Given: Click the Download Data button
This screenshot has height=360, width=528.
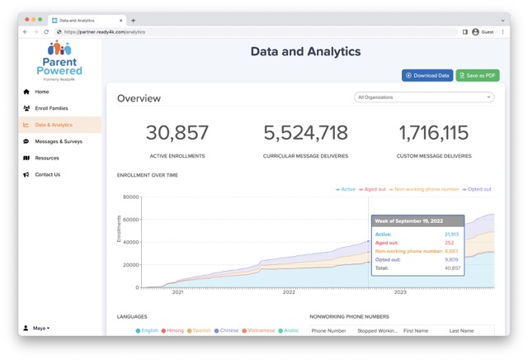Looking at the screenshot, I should [x=427, y=75].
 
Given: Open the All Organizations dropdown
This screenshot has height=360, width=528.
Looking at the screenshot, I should [x=424, y=97].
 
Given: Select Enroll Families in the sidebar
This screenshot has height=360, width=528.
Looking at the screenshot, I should [x=50, y=108].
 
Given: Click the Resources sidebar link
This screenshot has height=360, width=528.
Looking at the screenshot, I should [x=46, y=158].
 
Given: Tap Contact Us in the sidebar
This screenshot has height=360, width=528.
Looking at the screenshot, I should [x=47, y=174].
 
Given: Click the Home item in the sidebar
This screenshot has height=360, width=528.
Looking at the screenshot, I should [x=41, y=92].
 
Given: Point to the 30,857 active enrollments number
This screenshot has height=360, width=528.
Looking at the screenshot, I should [x=177, y=134].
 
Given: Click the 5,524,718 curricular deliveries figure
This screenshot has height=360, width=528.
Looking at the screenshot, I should [x=306, y=134].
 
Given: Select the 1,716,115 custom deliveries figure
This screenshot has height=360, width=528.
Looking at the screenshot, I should [x=433, y=134].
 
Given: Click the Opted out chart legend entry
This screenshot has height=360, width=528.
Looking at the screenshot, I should [x=478, y=189].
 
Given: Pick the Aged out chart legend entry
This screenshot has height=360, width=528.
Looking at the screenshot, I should [x=374, y=189].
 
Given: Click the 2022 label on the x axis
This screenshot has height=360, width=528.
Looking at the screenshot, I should [x=289, y=292].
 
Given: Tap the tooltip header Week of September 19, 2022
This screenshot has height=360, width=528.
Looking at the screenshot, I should [x=417, y=221].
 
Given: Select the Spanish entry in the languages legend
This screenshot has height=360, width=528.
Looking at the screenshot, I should [x=200, y=330].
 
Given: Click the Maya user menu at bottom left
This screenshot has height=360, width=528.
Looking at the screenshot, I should [x=40, y=328].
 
